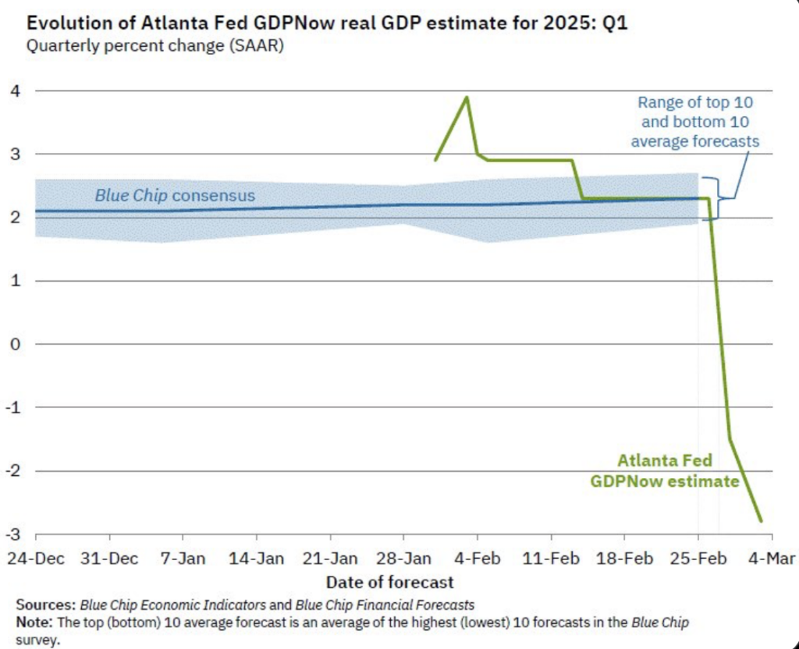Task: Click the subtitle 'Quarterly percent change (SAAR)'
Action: (x=155, y=45)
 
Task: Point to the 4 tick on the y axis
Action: (x=16, y=90)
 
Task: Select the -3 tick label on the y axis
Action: (x=13, y=534)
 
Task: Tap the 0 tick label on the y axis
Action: (x=16, y=344)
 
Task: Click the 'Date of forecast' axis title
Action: (x=389, y=582)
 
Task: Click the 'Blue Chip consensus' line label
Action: (x=175, y=195)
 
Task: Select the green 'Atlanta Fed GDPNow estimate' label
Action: (x=665, y=471)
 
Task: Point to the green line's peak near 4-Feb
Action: (x=467, y=98)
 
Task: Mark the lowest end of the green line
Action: (x=761, y=521)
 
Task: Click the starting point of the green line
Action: (x=435, y=160)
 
